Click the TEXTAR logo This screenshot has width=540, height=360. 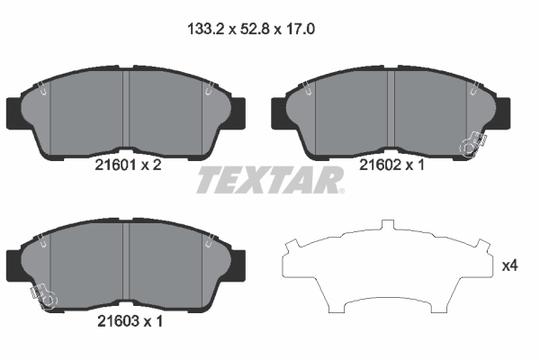(270, 179)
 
